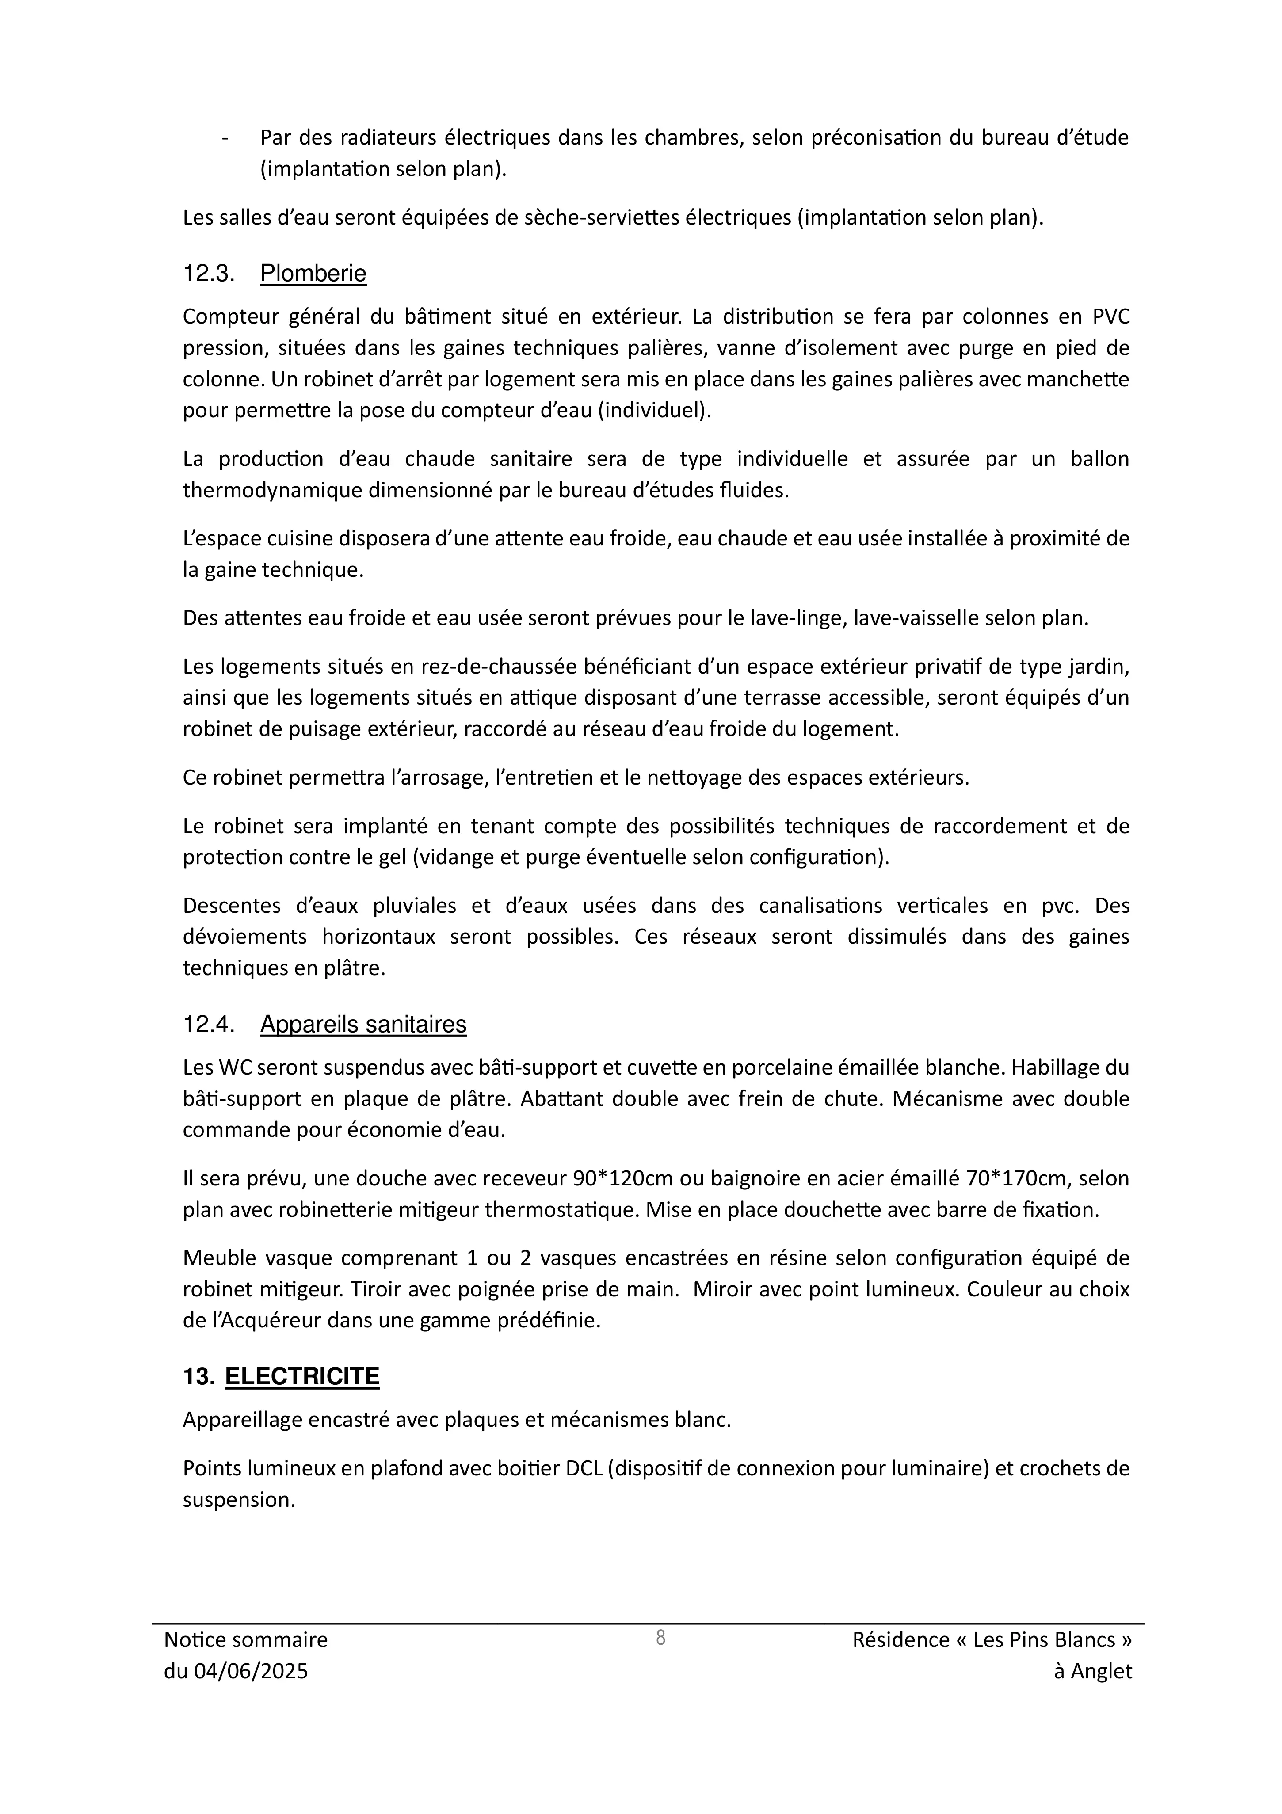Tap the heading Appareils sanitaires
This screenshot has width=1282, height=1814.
tap(363, 1024)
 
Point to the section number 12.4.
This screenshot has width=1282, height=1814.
tap(209, 1024)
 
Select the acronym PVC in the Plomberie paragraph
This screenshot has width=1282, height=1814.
tap(1110, 317)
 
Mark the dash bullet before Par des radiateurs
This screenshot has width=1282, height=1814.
tap(226, 138)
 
